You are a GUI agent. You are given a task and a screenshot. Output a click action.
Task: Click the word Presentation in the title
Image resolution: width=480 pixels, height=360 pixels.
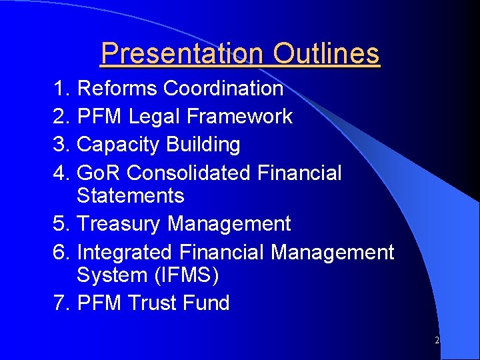coord(181,53)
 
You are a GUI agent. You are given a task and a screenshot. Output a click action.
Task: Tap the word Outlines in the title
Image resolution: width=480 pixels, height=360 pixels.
coord(326,53)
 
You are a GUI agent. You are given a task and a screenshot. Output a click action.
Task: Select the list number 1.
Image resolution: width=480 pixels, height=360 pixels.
coord(61,88)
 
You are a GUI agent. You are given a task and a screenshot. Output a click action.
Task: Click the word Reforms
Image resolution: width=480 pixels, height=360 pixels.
coord(117,88)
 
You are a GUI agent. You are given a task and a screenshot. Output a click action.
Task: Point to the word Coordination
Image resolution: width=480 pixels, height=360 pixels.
coord(223,88)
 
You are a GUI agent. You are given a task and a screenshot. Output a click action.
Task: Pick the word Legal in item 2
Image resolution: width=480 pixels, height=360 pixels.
coord(155,116)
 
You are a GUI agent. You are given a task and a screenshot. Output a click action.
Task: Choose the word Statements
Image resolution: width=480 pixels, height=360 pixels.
coord(131,195)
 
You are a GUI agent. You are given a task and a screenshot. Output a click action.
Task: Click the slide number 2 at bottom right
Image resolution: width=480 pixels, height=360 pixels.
coord(437,340)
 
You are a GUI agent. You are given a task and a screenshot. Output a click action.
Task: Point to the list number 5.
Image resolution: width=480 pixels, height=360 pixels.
coord(61,223)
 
